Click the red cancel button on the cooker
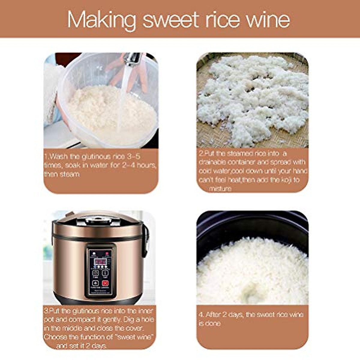tap(105, 283)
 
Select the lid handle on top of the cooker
tap(96, 220)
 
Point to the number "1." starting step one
tap(46, 156)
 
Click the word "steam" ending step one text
tap(70, 174)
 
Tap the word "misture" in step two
tap(220, 189)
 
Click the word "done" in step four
tap(213, 323)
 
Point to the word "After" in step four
tap(213, 314)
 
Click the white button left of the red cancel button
tap(95, 283)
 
